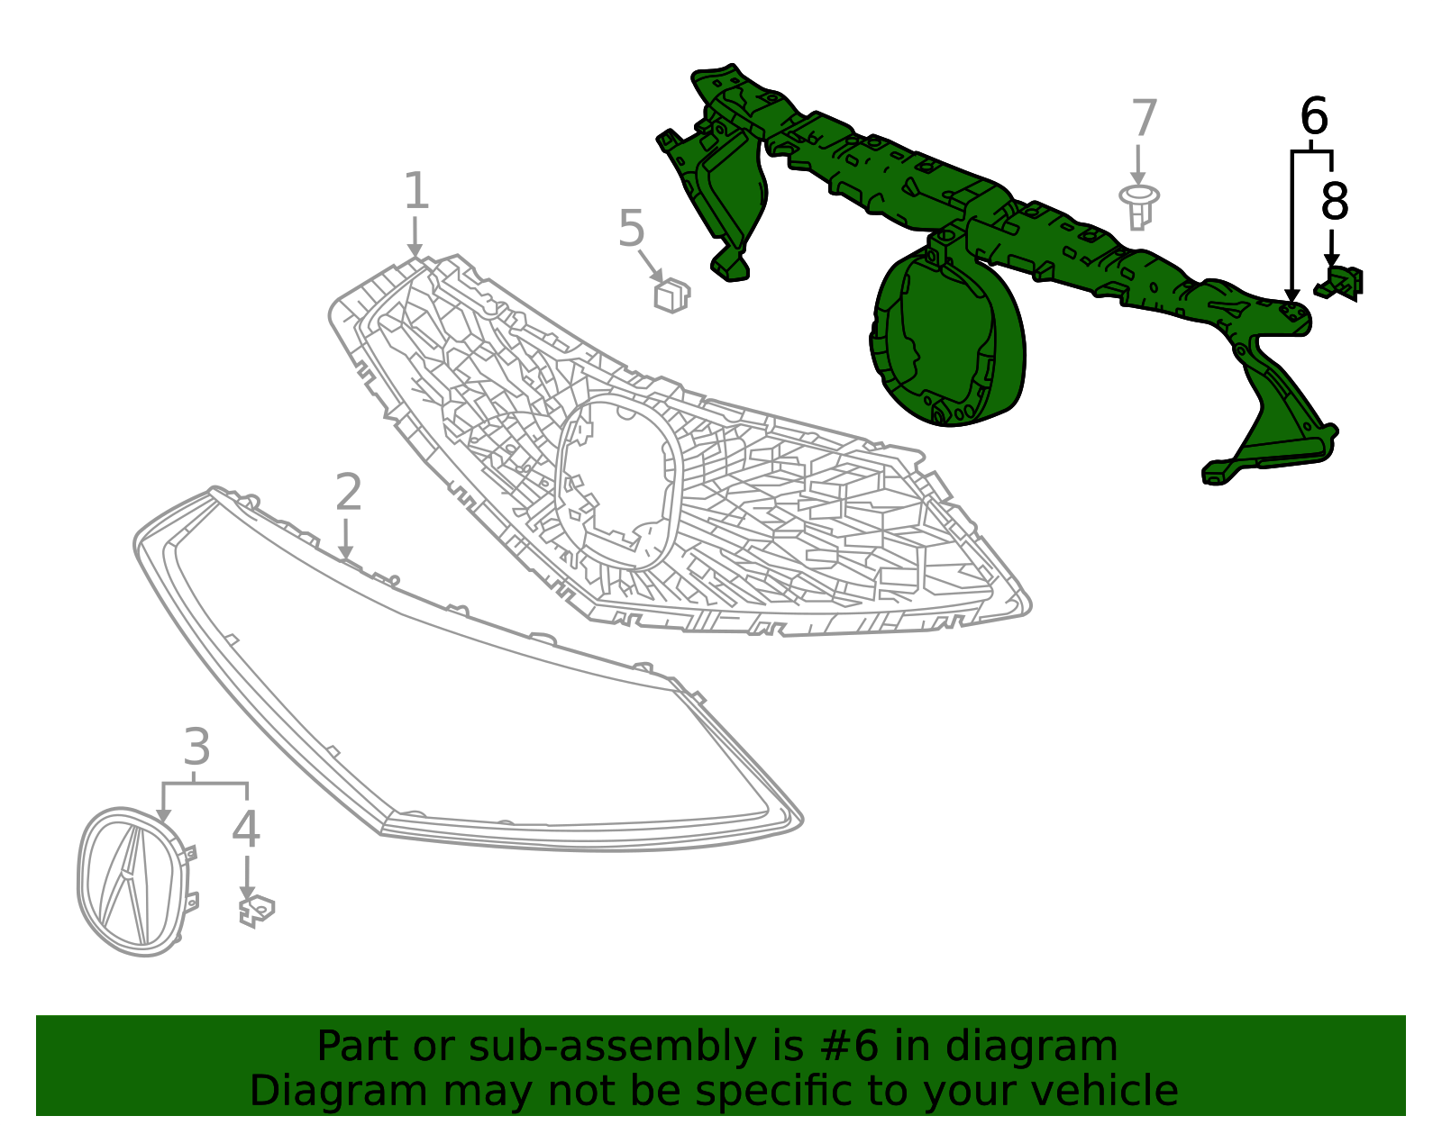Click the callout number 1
(x=416, y=191)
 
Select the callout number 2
(x=349, y=492)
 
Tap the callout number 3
(x=197, y=747)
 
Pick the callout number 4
(x=245, y=830)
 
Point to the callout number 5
(x=631, y=228)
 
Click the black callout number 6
(x=1314, y=116)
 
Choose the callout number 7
(x=1145, y=118)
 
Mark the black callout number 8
(x=1335, y=201)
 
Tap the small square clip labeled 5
(x=671, y=295)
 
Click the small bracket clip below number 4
(x=256, y=911)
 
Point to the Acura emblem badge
(x=137, y=881)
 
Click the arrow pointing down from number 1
(x=415, y=237)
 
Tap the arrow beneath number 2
(x=345, y=539)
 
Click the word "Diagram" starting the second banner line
(x=339, y=1091)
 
